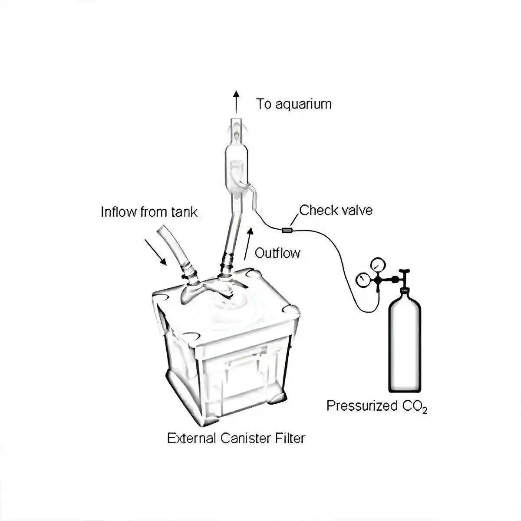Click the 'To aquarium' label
coord(293,104)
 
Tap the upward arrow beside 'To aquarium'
coord(236,102)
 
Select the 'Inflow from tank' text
coord(149,212)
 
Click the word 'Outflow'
coord(277,253)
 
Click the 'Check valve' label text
coord(336,210)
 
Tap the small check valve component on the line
coord(287,230)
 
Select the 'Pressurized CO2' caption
coord(376,406)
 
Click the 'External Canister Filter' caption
coord(236,438)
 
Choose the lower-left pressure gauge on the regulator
coord(362,280)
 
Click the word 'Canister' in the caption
coord(246,438)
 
